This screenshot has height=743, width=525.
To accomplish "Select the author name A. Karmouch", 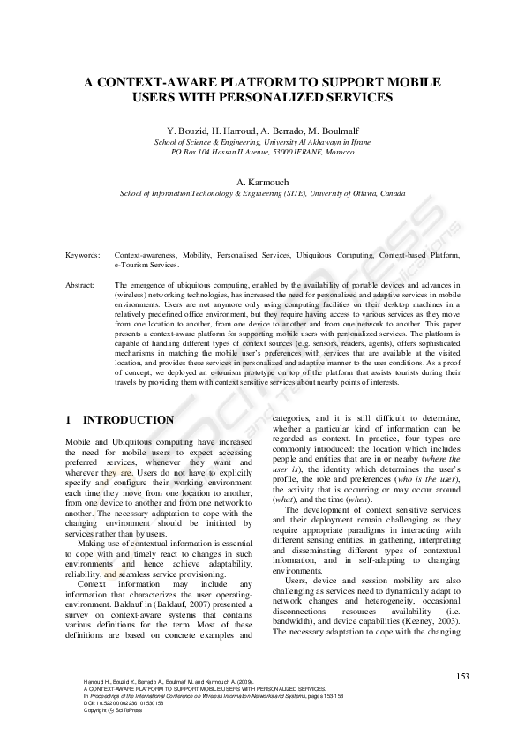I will pos(262,182).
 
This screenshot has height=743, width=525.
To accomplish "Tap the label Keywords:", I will pos(83,254).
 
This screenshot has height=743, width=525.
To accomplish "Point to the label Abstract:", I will pos(81,285).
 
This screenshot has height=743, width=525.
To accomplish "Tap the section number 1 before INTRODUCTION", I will pos(70,419).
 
